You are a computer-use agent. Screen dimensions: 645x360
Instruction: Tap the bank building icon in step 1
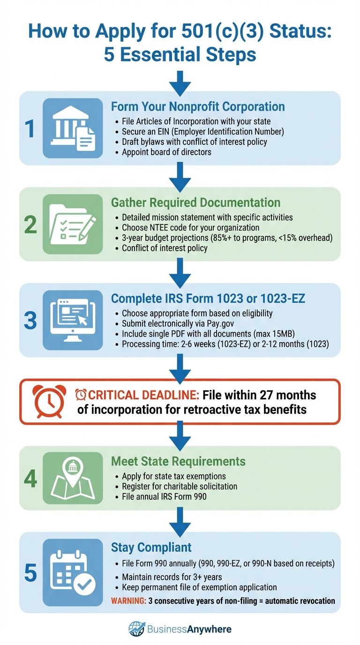73,128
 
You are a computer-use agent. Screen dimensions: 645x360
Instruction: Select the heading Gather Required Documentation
195,202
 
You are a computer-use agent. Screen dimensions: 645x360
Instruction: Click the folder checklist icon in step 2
73,224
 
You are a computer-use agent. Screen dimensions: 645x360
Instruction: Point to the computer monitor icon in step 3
73,320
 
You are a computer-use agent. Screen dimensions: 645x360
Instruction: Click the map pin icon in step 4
73,478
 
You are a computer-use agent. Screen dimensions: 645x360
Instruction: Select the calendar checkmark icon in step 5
73,572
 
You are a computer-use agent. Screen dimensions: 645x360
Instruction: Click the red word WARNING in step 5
128,600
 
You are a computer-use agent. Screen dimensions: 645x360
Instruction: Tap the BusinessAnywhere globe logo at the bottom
137,629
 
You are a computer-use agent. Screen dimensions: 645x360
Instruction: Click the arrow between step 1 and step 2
180,177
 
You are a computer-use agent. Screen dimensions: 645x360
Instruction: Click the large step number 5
30,573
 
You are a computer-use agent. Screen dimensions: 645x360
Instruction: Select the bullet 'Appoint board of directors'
166,152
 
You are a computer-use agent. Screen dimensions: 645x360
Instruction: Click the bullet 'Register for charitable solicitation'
180,487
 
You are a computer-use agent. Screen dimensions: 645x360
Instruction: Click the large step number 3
30,320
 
